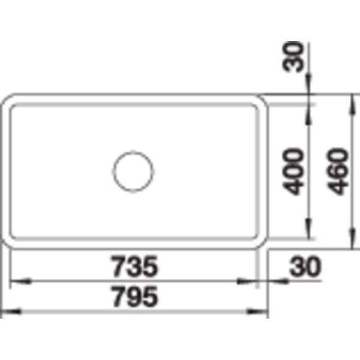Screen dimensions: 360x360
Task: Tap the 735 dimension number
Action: point(134,266)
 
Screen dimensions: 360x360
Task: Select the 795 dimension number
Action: point(134,296)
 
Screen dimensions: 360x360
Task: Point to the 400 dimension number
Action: point(293,172)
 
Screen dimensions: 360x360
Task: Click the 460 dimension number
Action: point(337,172)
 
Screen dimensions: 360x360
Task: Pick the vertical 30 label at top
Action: point(293,57)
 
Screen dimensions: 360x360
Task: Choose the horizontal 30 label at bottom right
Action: point(305,266)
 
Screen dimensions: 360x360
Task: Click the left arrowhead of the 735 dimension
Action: point(21,281)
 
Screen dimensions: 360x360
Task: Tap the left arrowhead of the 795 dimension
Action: point(11,312)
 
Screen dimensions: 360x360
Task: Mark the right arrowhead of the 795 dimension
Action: point(257,312)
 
